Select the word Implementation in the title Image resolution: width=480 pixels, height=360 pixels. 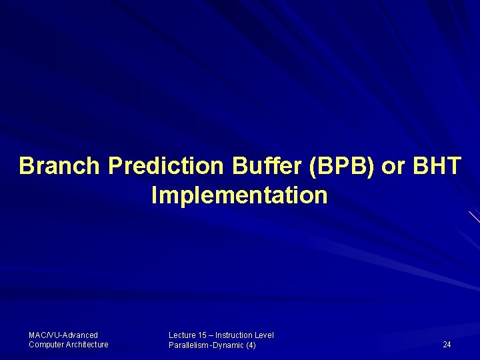239,196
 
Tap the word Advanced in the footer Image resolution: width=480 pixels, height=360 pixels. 81,335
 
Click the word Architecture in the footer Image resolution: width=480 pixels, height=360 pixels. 87,344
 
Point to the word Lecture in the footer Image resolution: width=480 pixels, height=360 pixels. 182,335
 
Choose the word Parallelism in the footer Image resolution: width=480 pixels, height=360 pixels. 189,345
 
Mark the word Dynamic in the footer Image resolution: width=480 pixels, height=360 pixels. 228,345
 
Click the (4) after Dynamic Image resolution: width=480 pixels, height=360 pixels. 251,345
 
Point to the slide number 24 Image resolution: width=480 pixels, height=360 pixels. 447,345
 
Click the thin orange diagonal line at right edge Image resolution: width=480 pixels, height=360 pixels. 474,216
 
